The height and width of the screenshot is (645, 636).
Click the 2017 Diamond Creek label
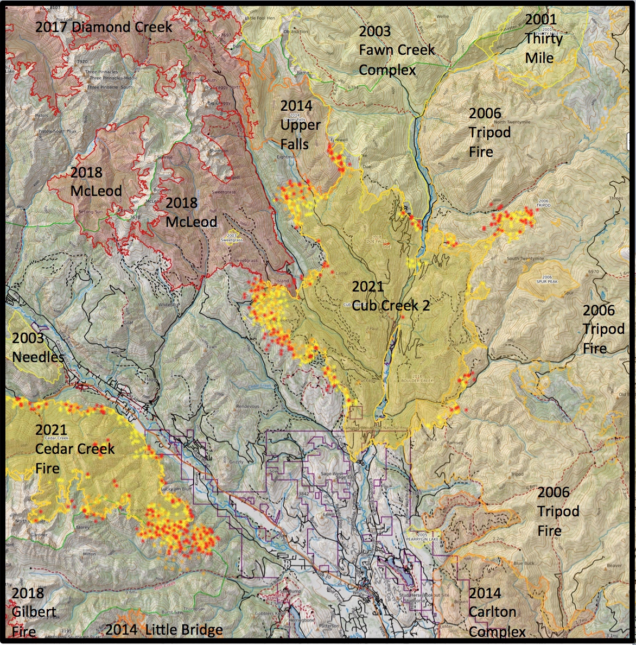104,27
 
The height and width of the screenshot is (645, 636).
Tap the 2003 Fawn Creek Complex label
397,50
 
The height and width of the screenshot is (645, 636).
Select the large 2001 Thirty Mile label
543,39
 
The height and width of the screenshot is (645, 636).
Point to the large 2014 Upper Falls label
300,125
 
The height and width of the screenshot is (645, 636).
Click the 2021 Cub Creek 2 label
391,296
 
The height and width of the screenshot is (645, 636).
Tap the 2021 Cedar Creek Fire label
74,449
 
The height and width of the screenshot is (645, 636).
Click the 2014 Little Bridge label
164,630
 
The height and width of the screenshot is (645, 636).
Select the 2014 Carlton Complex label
496,612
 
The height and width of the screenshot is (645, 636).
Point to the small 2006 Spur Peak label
547,280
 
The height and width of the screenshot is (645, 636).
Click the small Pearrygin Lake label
422,537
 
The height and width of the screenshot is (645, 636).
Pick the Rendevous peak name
247,407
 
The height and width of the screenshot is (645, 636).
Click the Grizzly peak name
236,462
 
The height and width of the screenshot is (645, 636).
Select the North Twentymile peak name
512,122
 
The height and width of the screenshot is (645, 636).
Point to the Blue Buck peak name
524,564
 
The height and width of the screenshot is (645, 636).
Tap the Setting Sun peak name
91,212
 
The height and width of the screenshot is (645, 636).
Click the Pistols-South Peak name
57,131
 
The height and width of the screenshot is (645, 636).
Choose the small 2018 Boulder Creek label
417,378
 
